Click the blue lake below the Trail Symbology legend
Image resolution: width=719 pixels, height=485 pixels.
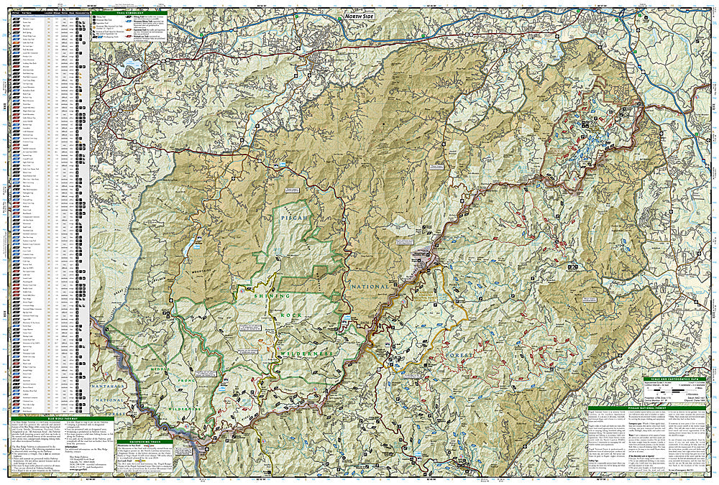point(130,65)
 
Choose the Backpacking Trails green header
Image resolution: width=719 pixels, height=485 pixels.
point(148,441)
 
